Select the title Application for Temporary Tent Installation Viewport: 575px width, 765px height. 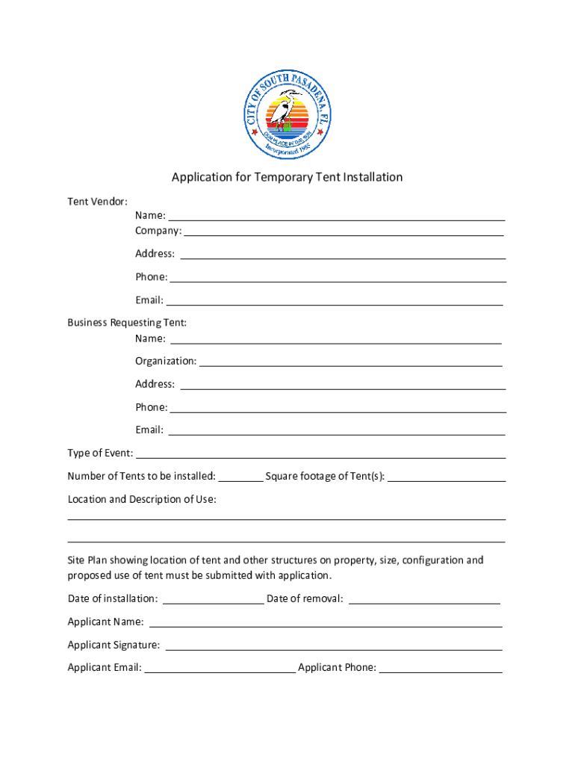(287, 177)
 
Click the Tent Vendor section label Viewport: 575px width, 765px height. (97, 202)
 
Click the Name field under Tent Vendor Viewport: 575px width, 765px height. (337, 217)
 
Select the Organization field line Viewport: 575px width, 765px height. (351, 363)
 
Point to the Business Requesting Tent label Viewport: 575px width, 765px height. (127, 323)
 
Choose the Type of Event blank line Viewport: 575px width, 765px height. (321, 455)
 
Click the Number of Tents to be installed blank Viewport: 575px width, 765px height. (240, 478)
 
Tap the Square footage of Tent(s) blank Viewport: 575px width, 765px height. (447, 478)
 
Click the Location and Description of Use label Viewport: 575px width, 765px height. (142, 499)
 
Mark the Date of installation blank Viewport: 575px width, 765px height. (213, 600)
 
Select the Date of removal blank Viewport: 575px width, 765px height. (424, 600)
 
